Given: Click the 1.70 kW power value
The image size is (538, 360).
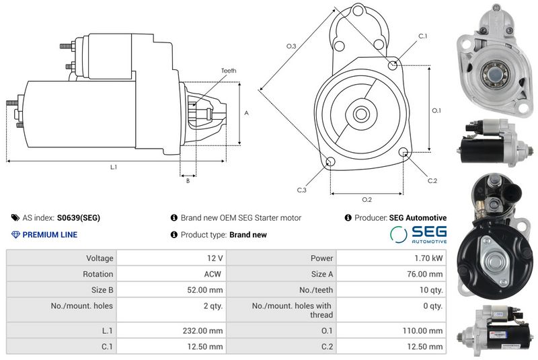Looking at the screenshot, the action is tap(428, 258).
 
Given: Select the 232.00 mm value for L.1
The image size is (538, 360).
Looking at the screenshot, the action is tap(202, 331).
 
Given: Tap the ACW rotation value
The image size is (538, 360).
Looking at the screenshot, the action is tap(213, 274).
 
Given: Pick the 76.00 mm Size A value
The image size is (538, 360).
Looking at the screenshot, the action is tap(425, 274).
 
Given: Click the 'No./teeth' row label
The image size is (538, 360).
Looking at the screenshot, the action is tap(316, 290).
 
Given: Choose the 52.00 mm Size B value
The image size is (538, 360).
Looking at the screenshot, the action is tap(205, 290).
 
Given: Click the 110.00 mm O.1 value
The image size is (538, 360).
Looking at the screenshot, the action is tap(422, 331).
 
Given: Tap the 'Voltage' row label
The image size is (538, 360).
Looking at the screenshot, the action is tap(100, 258).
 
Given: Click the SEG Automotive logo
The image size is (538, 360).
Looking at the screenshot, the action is tap(418, 235).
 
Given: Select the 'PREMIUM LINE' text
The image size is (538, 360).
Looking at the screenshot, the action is tap(50, 235).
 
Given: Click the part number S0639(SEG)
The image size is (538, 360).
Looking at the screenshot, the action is tap(79, 218).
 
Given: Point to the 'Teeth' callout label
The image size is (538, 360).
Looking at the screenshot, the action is tap(229, 71).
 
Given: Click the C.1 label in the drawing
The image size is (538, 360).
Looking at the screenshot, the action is tap(423, 36).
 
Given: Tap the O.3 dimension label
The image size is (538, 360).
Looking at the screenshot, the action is tap(291, 46).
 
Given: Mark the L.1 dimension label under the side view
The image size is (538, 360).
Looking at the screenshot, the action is tap(114, 167).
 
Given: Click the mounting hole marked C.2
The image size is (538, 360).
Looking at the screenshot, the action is tap(404, 151).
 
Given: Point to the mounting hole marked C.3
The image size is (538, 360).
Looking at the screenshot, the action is tap(330, 161).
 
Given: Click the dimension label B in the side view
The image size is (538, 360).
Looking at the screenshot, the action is tap(188, 181).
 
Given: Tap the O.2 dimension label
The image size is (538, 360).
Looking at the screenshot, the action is tap(367, 199).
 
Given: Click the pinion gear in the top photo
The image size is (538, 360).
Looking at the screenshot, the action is tap(495, 73).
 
